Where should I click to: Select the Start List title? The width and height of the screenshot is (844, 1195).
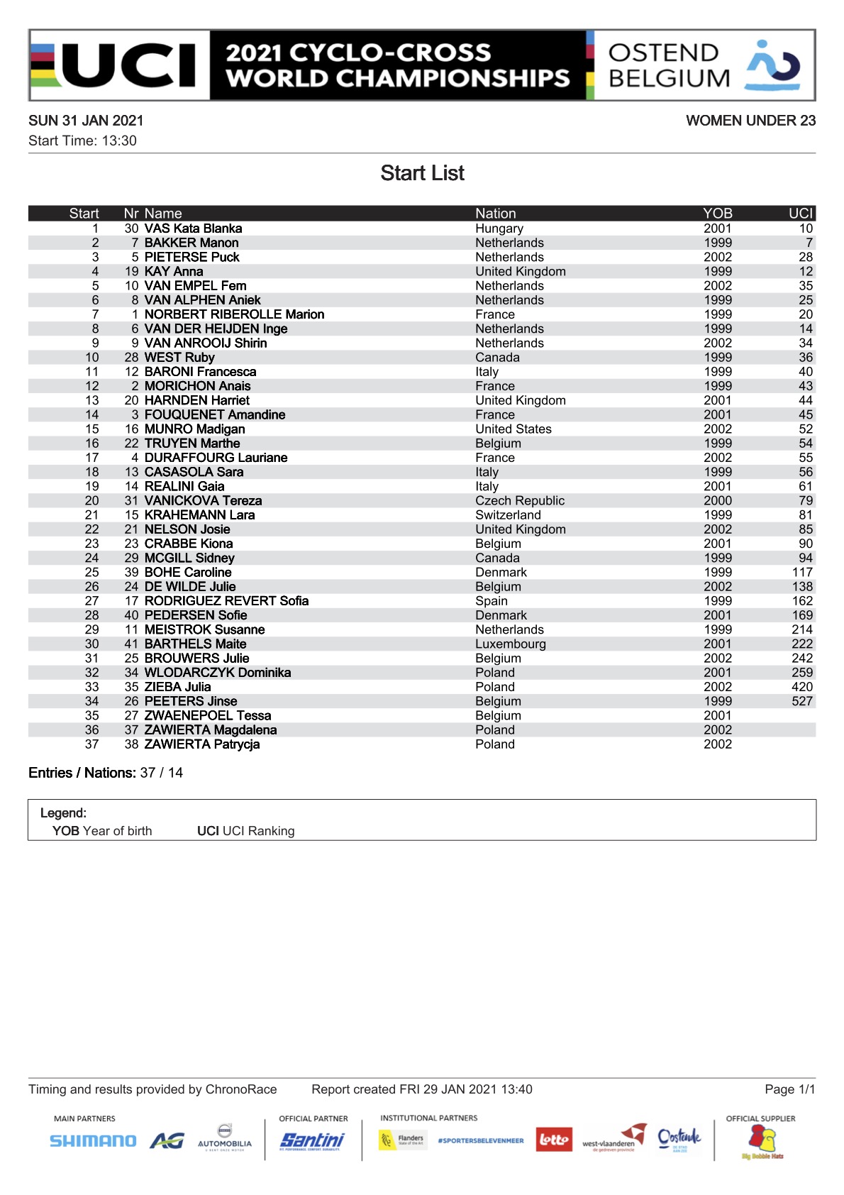coord(422,173)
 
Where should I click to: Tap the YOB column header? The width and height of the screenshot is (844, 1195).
coord(717,214)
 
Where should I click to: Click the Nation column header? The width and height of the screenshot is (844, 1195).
coord(495,214)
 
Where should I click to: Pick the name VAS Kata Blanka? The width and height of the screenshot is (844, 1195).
coord(193,228)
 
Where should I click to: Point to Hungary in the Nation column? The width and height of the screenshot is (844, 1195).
coord(499,228)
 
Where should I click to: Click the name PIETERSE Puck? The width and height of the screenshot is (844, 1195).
coord(191,257)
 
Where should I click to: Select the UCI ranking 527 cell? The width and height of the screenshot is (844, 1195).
coord(801,701)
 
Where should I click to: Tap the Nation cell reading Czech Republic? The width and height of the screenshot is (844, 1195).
coord(520,501)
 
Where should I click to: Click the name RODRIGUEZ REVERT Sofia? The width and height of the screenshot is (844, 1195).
coord(226,601)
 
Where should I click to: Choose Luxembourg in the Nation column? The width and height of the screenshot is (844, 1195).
coord(511,644)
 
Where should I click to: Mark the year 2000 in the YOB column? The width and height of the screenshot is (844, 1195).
coord(717,501)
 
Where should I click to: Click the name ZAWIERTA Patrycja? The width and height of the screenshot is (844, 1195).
coord(201,744)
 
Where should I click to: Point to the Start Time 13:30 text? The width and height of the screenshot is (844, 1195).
coord(82,141)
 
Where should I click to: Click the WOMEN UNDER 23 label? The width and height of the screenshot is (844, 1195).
coord(750,121)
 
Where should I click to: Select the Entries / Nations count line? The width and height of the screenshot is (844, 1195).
coord(106,773)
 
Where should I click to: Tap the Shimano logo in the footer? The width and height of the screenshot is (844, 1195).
coord(93,1141)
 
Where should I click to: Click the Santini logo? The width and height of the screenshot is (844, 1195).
coord(312,1140)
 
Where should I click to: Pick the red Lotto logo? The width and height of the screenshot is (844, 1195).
coord(553,1140)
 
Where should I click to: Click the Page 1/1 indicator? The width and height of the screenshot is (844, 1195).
coord(789,1089)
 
